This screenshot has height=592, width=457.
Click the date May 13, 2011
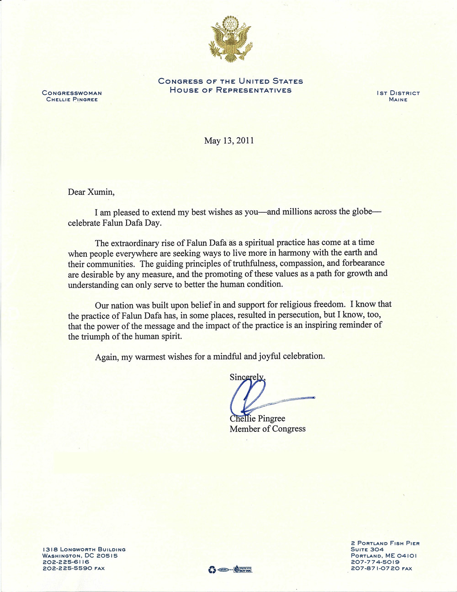pos(229,140)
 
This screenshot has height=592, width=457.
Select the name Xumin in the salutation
pos(99,192)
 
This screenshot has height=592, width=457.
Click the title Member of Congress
pos(267,429)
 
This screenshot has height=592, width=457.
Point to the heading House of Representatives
pos(230,90)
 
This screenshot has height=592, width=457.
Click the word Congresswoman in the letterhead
pos(72,93)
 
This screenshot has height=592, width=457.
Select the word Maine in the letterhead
pos(398,100)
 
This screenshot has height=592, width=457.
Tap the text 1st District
pos(398,93)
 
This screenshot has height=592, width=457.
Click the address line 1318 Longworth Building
pos(84,549)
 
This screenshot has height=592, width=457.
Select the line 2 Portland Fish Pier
pos(385,543)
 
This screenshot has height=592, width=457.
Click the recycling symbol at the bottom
pos(212,570)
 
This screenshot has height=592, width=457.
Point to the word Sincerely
pos(247,377)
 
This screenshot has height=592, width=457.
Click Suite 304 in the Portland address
pos(367,549)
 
